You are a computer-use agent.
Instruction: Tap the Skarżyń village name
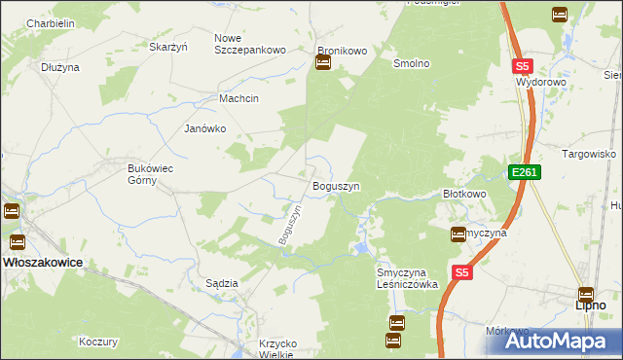(x=167, y=46)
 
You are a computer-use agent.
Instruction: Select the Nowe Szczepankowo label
(x=249, y=44)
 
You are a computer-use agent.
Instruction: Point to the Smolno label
(x=411, y=63)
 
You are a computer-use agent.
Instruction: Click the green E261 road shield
(x=523, y=172)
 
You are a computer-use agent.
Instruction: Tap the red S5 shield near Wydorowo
(x=523, y=66)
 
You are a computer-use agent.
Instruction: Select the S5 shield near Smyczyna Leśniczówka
(x=461, y=274)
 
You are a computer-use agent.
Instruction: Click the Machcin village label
(x=238, y=98)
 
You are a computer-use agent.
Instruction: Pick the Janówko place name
(x=205, y=128)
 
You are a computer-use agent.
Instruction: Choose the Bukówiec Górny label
(x=151, y=174)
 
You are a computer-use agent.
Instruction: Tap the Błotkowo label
(x=464, y=194)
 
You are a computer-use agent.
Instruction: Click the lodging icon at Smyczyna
(x=458, y=234)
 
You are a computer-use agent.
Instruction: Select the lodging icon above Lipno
(x=586, y=294)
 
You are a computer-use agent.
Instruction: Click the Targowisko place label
(x=590, y=154)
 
